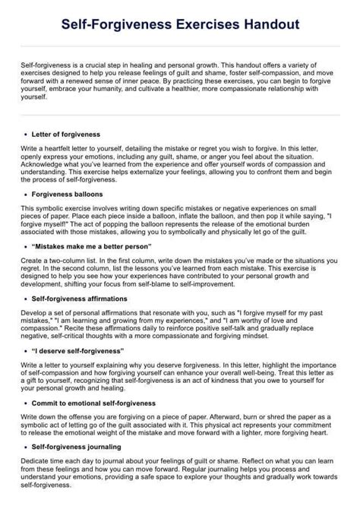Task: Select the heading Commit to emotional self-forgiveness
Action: click(x=98, y=403)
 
